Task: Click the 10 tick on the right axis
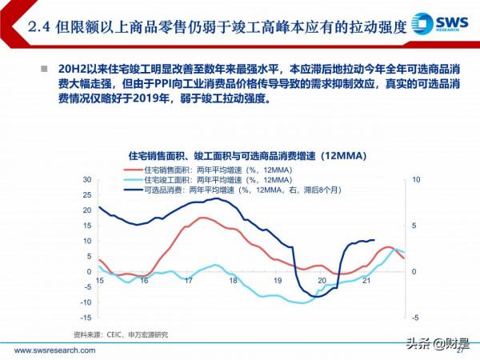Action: pos(414,179)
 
